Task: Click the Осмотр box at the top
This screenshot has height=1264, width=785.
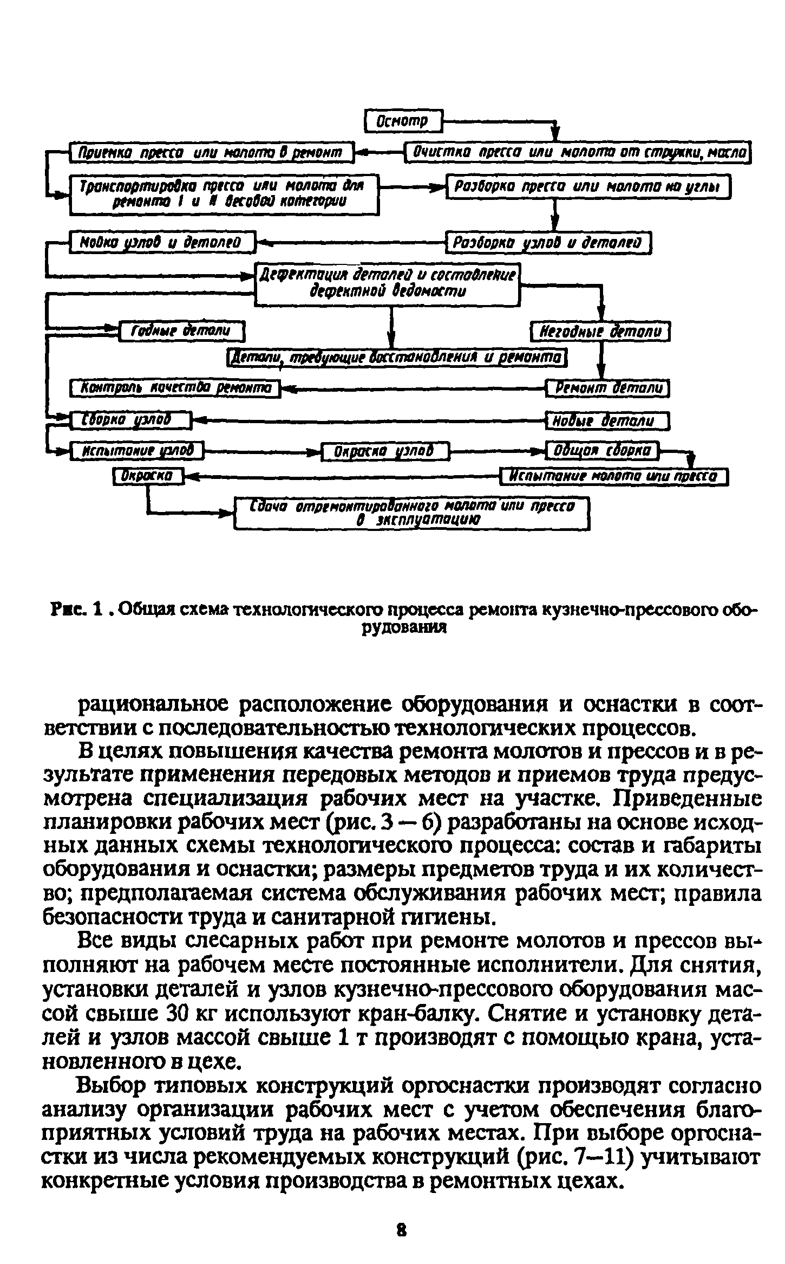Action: pos(403,120)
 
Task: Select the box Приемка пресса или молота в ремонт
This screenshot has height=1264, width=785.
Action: pos(211,153)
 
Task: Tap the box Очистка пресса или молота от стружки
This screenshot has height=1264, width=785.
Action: pos(578,153)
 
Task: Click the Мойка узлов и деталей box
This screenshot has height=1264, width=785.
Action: pos(162,242)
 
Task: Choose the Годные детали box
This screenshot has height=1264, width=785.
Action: pos(181,330)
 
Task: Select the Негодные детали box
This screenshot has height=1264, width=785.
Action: pos(599,331)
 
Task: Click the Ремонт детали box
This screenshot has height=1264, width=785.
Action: pos(607,388)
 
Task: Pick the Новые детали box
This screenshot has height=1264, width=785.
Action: pos(607,421)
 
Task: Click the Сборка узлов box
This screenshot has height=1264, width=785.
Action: pos(130,420)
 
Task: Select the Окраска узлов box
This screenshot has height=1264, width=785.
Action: pos(385,451)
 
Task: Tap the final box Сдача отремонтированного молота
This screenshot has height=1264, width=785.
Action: pos(411,514)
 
